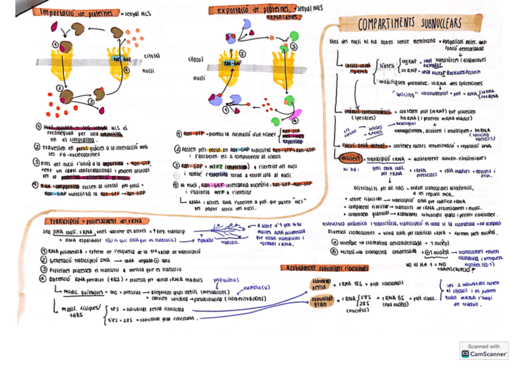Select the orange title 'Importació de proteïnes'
[78, 12]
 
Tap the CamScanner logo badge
[484, 353]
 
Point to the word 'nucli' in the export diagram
[199, 78]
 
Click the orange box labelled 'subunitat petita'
[321, 284]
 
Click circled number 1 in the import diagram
[56, 43]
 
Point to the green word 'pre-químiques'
[226, 280]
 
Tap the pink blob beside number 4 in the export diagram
[296, 114]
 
